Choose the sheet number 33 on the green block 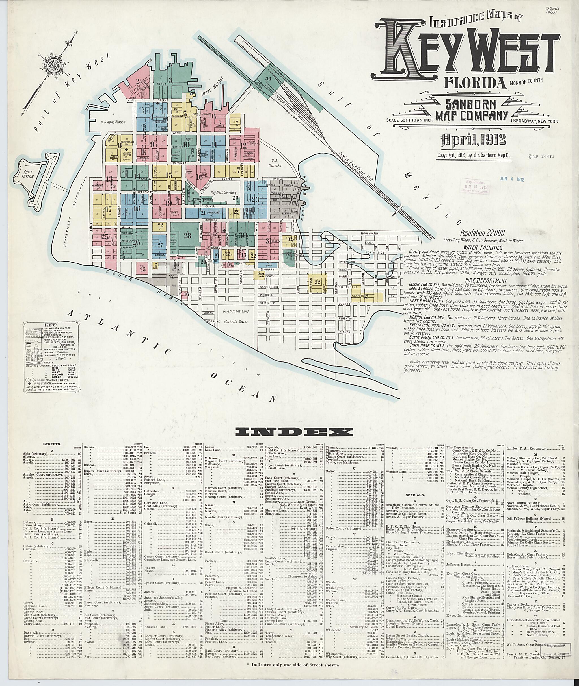tap(268, 79)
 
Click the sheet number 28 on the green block tap(187, 236)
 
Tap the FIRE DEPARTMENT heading tap(483, 281)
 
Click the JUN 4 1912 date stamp tap(512, 179)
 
